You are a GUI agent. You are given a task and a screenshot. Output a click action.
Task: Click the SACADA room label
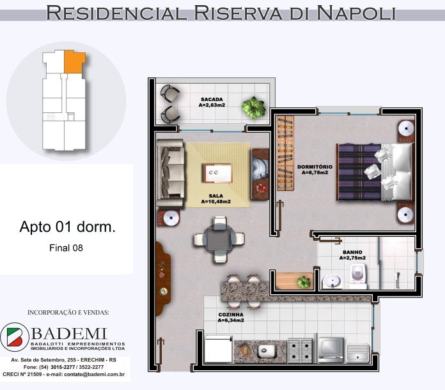212,100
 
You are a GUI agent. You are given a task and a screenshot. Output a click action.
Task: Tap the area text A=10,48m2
215,202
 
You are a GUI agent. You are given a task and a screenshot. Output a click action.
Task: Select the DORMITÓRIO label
315,167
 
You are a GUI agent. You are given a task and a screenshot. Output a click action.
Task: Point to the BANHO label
352,252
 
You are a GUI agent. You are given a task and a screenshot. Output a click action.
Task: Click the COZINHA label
231,315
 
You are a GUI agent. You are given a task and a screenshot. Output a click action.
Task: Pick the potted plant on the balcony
253,108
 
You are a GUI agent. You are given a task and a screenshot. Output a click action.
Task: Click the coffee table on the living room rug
217,174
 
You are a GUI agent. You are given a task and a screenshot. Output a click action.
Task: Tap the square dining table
219,239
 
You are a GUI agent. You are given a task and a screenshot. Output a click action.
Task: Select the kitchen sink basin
267,352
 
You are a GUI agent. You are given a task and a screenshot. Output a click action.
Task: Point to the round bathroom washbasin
332,281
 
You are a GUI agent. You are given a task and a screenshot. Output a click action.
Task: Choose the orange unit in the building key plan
74,62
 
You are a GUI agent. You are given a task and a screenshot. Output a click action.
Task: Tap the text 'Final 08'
66,248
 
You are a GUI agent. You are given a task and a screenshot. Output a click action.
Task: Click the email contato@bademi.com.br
95,375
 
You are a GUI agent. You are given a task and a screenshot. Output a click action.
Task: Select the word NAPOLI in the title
356,13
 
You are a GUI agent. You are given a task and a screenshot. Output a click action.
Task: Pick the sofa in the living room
170,174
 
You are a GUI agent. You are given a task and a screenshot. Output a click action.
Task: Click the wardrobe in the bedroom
285,153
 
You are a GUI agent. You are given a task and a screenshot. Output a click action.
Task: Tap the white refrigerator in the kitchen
218,349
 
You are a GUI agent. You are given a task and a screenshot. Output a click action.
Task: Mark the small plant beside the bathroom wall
304,282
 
